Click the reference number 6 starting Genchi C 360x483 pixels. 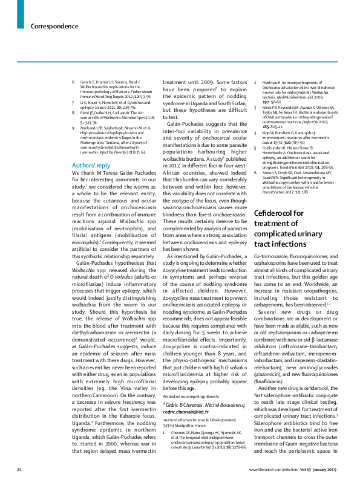(x=73, y=81)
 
